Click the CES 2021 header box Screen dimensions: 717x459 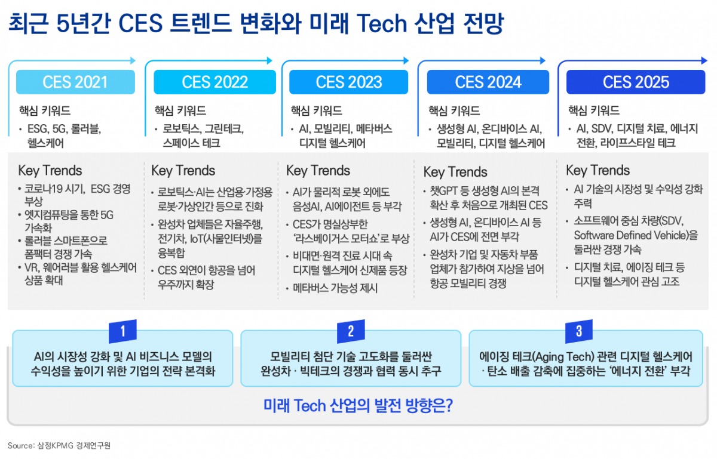75,82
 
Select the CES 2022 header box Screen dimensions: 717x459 215,82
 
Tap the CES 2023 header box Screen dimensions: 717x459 348,82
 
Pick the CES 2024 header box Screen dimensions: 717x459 488,82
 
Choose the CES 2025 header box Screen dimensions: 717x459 636,82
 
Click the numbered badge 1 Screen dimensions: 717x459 122,331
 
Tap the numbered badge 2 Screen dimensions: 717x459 351,331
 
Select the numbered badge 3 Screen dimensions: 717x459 579,331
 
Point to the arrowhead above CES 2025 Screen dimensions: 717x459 704,60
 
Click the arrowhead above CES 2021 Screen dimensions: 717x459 133,60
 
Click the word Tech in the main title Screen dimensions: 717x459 382,24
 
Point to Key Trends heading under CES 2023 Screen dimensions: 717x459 318,171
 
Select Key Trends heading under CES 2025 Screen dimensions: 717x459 598,171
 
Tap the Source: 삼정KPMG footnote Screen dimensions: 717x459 59,445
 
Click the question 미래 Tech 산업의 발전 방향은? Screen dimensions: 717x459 358,406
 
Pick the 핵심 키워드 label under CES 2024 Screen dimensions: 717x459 454,110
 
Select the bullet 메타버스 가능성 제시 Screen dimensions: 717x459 335,288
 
